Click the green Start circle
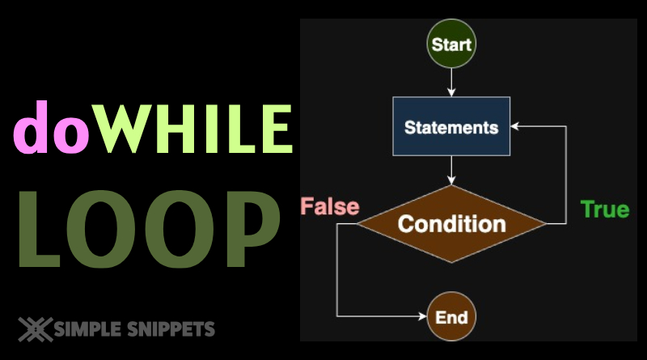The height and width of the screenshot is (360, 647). click(451, 43)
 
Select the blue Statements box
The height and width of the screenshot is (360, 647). click(451, 126)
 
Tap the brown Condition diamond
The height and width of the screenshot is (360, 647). click(451, 223)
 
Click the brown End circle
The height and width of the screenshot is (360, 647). click(451, 316)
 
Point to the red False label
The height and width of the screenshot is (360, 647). click(330, 206)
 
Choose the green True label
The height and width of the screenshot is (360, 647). click(605, 209)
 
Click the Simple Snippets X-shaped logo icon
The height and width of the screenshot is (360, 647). click(35, 328)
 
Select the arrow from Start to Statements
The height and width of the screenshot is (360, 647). click(451, 82)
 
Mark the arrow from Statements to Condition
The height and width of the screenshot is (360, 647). click(451, 170)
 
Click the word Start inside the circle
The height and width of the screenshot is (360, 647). click(451, 43)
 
